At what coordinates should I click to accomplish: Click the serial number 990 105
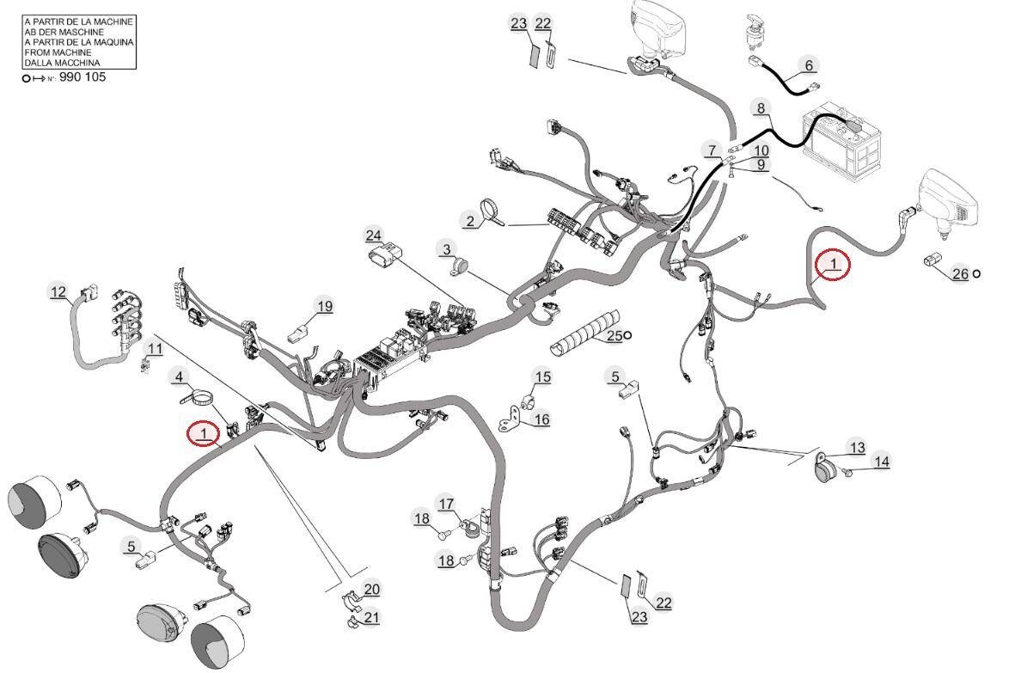[83, 77]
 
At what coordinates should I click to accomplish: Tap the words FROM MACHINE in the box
[58, 52]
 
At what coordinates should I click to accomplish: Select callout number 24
[374, 236]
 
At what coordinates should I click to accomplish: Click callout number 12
[59, 292]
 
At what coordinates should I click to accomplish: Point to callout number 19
[324, 305]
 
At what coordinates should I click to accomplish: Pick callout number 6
[809, 65]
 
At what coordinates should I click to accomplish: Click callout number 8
[761, 108]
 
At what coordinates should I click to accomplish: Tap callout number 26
[961, 273]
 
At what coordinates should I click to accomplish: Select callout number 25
[615, 335]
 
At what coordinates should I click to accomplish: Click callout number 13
[857, 447]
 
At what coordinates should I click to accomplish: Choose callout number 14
[882, 462]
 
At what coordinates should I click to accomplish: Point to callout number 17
[447, 504]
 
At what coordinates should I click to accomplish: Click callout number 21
[371, 617]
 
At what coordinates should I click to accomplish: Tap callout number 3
[447, 248]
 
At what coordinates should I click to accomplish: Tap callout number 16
[541, 419]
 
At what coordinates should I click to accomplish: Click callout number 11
[156, 349]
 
